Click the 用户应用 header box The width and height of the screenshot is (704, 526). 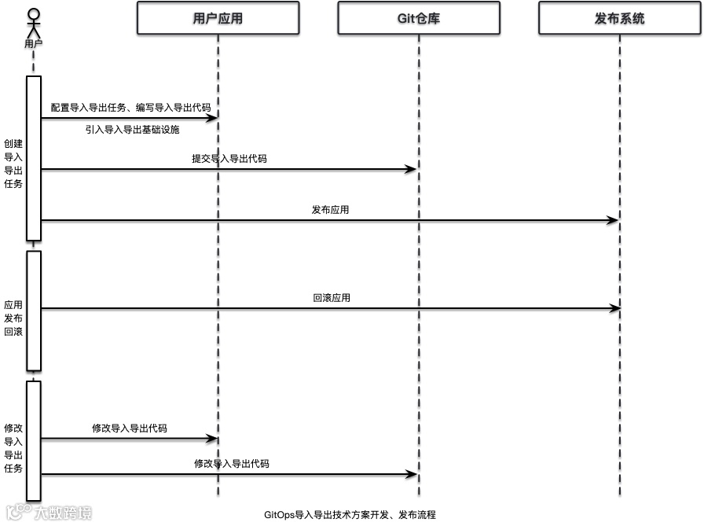(218, 18)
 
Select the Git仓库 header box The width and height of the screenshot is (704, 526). (418, 18)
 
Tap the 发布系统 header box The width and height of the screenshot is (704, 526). (619, 18)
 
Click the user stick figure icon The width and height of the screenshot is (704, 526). (33, 23)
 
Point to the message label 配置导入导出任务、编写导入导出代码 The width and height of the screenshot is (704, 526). (130, 107)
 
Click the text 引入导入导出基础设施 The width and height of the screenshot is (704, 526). (132, 130)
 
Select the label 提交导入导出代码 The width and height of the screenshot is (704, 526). (229, 158)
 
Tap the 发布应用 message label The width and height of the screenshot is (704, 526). (330, 210)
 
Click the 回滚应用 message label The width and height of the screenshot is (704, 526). (332, 298)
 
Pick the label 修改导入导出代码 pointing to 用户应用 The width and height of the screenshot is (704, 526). (129, 429)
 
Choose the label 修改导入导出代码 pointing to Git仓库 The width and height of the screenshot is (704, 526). (231, 464)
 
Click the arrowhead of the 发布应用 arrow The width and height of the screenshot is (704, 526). (614, 221)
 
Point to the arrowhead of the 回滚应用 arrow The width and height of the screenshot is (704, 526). (615, 309)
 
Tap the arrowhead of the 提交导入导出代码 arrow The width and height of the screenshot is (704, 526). (411, 169)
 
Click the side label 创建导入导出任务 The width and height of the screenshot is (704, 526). (13, 164)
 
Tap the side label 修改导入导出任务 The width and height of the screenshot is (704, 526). (13, 448)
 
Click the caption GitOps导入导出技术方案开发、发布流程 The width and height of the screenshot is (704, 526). (350, 514)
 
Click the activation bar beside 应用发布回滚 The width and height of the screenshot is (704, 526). (33, 310)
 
